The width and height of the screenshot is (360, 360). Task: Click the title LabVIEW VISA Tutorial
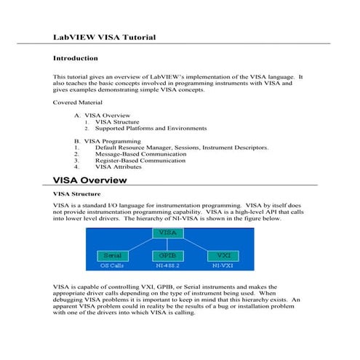104,36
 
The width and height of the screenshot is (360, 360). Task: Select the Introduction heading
76,57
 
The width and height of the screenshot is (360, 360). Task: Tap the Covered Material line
77,103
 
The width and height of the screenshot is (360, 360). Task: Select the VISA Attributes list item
123,167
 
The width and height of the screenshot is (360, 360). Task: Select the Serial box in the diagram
112,255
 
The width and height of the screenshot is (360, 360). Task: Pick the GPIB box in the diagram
167,255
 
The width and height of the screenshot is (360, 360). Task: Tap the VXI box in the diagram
224,255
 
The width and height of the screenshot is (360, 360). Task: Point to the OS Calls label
112,265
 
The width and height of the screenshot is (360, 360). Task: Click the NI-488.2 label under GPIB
168,265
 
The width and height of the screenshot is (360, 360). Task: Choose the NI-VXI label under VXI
224,265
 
